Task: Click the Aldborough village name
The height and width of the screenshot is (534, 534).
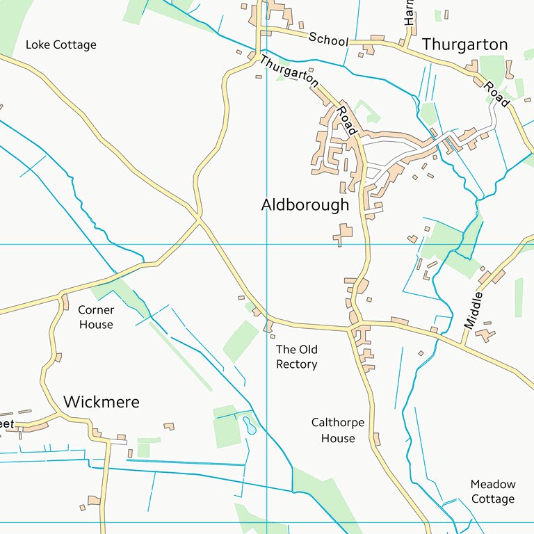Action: coord(305,205)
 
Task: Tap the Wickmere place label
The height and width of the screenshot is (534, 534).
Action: coord(101,402)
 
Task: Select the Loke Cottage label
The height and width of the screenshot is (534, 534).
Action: coord(60,45)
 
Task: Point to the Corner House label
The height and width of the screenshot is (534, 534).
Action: coord(95,317)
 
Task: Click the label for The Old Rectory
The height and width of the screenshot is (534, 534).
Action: coord(296,357)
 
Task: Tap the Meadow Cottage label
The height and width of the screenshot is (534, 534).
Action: coord(492,491)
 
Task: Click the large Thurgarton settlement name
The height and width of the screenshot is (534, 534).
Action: coord(464,44)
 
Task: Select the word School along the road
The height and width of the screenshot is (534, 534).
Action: coord(328,40)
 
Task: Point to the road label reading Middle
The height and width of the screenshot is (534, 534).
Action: coord(473,310)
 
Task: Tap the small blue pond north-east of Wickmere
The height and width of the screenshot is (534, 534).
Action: coord(249,425)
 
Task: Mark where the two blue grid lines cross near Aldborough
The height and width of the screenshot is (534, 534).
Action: coord(267,244)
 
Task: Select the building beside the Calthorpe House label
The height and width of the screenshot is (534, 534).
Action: coord(376,439)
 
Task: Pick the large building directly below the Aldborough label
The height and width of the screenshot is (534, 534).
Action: coord(344,233)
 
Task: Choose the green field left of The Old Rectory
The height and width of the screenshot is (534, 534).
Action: coord(240,341)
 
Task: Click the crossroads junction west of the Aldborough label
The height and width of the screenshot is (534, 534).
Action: coord(200,220)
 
